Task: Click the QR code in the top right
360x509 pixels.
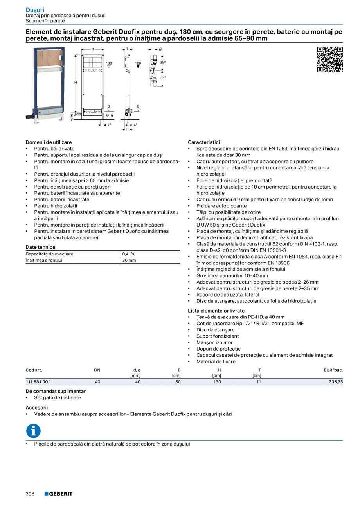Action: pos(329,59)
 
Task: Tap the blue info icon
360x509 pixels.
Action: pos(33,431)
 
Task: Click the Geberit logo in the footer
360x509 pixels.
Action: pos(58,494)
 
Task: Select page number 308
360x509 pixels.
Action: pos(30,494)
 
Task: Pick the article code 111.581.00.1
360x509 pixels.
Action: pos(38,382)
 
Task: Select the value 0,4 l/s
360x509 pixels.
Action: pos(128,254)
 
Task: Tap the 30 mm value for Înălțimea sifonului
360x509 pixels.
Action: pos(129,260)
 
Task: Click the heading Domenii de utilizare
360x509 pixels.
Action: pos(49,142)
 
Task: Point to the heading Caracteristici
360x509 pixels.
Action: pos(203,142)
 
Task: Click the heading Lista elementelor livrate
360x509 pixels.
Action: pos(216,311)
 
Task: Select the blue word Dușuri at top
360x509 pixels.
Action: pos(35,10)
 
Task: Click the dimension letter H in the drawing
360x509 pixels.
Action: pos(76,83)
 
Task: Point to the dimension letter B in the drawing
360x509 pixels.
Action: pos(93,49)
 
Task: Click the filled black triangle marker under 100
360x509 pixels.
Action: pos(138,67)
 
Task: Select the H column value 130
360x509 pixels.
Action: pos(217,382)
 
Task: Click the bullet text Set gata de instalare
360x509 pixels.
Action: pos(58,397)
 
